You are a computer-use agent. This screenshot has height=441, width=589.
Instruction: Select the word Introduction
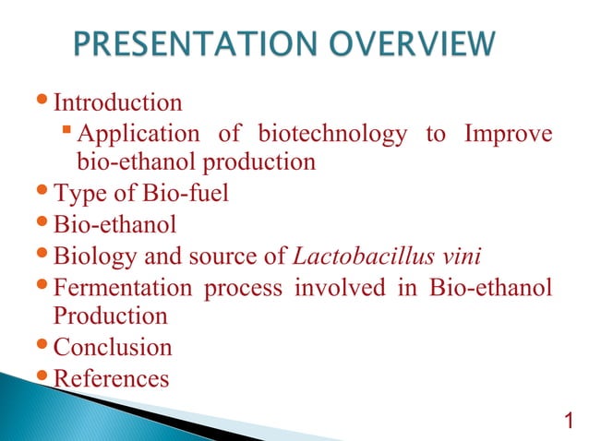117,102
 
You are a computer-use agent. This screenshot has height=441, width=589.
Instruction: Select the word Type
78,194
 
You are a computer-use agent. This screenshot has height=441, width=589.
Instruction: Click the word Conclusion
113,348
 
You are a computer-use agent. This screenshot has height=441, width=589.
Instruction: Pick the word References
112,378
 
